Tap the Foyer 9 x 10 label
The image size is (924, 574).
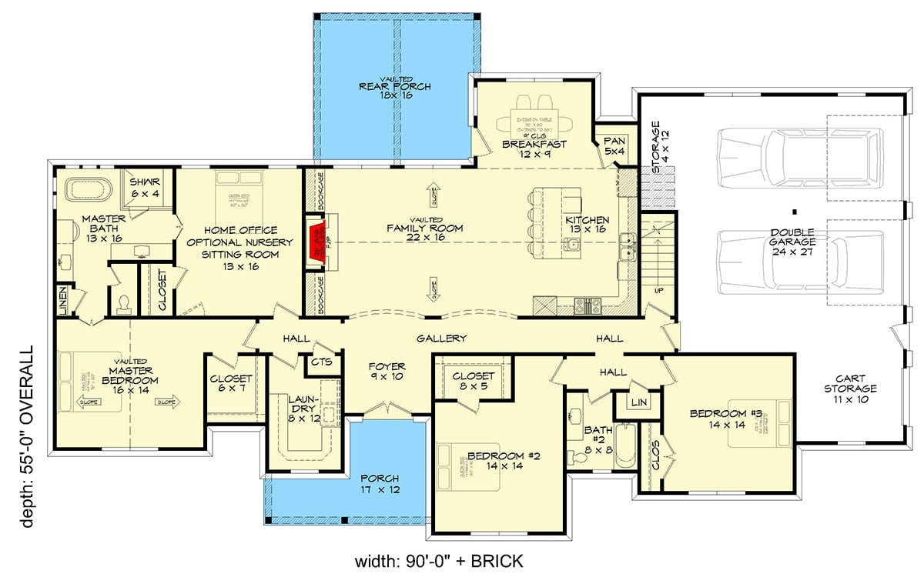point(387,372)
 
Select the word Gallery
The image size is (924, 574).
point(442,339)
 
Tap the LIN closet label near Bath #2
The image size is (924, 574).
point(638,402)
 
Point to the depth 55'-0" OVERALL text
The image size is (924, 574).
point(28,436)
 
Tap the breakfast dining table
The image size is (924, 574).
point(534,121)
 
